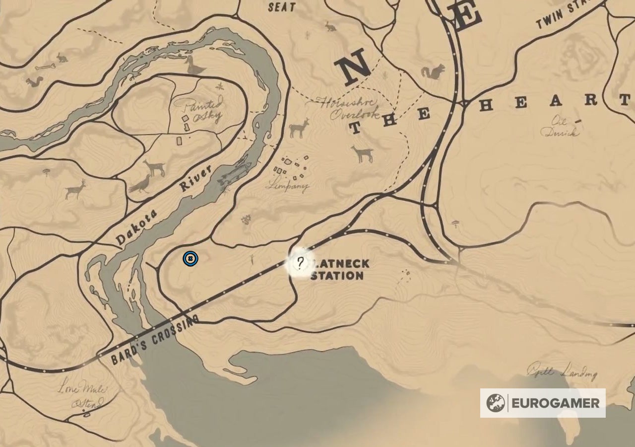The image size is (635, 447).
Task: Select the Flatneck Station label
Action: pyautogui.click(x=337, y=269)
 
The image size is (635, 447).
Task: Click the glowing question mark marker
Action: pyautogui.click(x=300, y=262)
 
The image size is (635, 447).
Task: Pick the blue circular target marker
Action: pyautogui.click(x=190, y=258)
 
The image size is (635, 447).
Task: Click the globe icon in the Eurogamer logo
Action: pyautogui.click(x=495, y=403)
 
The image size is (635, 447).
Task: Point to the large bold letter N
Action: pyautogui.click(x=353, y=70)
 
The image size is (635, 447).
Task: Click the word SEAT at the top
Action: pyautogui.click(x=282, y=7)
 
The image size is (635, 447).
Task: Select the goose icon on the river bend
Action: pyautogui.click(x=194, y=66)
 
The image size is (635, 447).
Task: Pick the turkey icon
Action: pyautogui.click(x=140, y=184)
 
